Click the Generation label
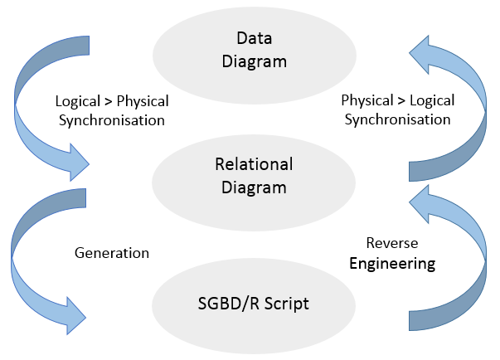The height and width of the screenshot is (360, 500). tap(112, 252)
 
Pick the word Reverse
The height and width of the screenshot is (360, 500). tap(392, 243)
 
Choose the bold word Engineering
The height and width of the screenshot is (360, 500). tap(392, 265)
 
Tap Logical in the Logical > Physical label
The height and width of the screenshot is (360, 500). tap(80, 101)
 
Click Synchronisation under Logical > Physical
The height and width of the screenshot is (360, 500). tap(112, 120)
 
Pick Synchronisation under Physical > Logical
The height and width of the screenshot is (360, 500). tap(398, 120)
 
